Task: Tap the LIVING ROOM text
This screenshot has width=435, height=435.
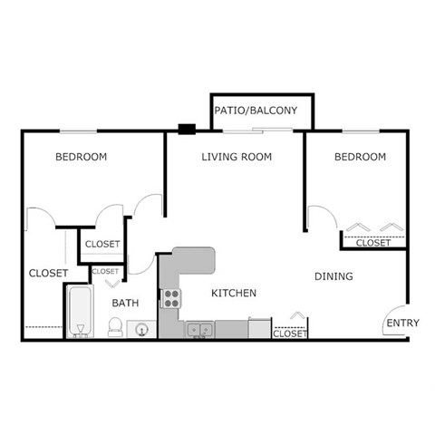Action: point(237,157)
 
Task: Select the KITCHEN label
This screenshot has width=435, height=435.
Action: point(234,294)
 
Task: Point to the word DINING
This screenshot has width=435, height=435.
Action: point(333,276)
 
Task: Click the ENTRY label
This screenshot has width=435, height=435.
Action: point(401,324)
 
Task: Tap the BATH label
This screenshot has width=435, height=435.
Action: point(125,303)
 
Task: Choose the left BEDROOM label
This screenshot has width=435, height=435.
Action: point(81,157)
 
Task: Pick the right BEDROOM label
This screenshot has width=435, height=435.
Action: point(360,157)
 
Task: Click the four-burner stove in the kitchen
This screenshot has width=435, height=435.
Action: point(171,298)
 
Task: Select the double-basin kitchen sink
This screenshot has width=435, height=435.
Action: point(200,330)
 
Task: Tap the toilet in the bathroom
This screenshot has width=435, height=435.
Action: point(116,328)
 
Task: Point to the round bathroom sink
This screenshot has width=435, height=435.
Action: point(142,330)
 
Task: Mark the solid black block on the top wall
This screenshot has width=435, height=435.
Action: point(188,129)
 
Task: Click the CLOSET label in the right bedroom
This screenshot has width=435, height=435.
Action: point(372,243)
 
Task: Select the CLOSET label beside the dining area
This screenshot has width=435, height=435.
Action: point(290,333)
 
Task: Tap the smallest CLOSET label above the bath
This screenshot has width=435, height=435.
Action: point(105,271)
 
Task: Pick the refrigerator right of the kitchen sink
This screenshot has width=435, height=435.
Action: point(259,328)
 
